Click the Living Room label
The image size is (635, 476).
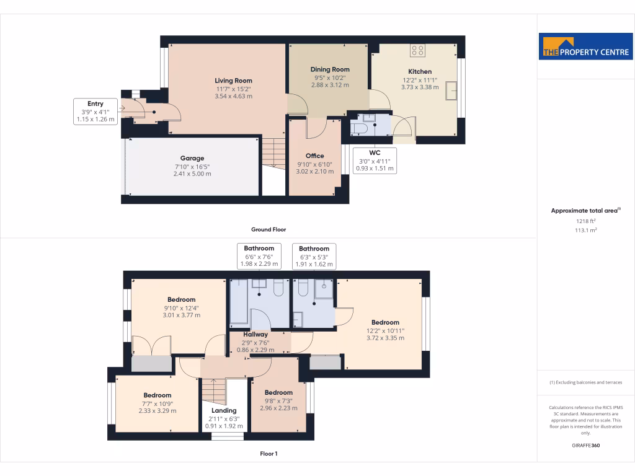(233, 81)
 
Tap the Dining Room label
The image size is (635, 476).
(330, 69)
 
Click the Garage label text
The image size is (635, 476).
(192, 158)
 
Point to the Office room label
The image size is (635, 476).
(315, 156)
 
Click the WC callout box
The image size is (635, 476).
(374, 160)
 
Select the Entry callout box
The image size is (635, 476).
(95, 112)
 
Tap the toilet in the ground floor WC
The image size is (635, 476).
(360, 128)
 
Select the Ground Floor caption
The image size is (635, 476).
(268, 229)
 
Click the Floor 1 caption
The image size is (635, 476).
(268, 454)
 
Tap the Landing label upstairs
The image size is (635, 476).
(224, 410)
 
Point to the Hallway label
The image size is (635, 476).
(255, 335)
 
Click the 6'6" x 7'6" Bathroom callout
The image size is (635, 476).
(259, 256)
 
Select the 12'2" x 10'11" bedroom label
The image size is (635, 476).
(385, 322)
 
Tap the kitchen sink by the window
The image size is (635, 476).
(452, 91)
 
